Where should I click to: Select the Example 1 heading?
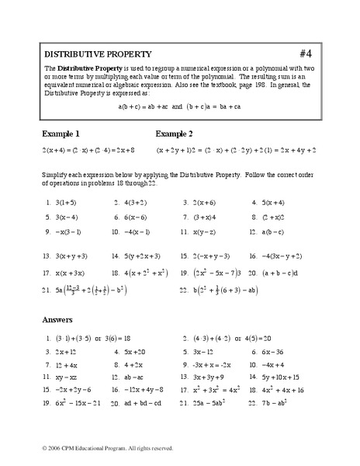point(61,133)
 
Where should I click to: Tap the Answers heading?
point(59,319)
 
